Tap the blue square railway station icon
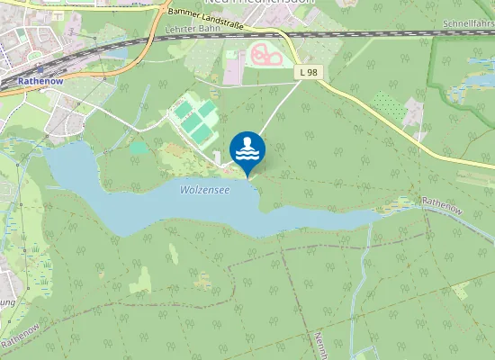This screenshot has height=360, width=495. point(40,69)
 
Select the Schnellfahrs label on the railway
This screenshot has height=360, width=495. point(468,22)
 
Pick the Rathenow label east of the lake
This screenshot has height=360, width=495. point(442,205)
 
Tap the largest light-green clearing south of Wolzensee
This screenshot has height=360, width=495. point(140,282)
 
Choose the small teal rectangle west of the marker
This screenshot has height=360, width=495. point(138,146)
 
